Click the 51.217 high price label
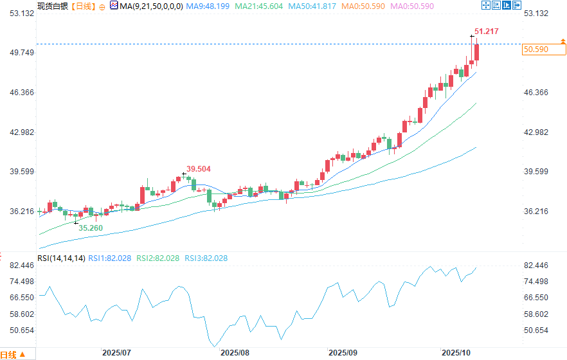[x=486, y=31]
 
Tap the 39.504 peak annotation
[x=199, y=168]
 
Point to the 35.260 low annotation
[x=91, y=228]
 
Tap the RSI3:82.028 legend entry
[x=206, y=258]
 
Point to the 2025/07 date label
[x=116, y=353]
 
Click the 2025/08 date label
[x=234, y=353]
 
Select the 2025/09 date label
[x=343, y=353]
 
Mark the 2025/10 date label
[x=456, y=353]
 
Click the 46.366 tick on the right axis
[x=536, y=93]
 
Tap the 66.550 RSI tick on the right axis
[x=536, y=298]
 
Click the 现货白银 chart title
[x=51, y=6]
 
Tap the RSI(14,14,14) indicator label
[x=61, y=258]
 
